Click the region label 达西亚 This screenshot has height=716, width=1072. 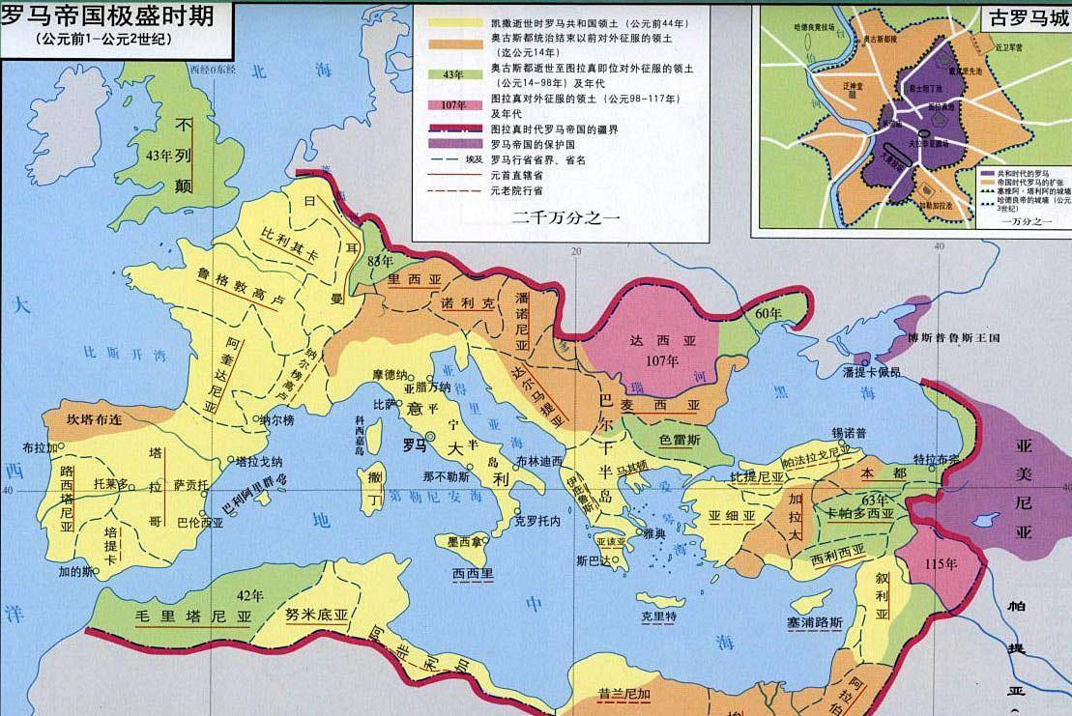[650, 341]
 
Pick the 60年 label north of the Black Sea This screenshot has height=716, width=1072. [768, 314]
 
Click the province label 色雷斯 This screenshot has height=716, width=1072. [681, 438]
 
